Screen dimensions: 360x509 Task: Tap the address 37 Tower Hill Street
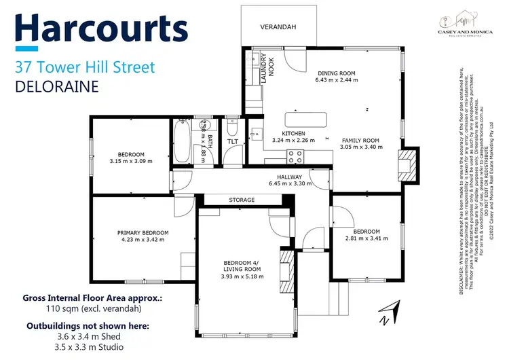click(85, 67)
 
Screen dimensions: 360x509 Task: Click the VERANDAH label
click(279, 28)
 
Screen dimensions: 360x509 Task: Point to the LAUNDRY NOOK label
click(265, 68)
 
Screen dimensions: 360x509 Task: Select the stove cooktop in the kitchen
click(295, 156)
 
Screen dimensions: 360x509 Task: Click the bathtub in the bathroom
click(182, 141)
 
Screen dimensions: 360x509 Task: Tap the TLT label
click(232, 141)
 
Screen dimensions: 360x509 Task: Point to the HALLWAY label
click(284, 179)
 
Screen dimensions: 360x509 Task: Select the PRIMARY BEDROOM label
click(143, 236)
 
